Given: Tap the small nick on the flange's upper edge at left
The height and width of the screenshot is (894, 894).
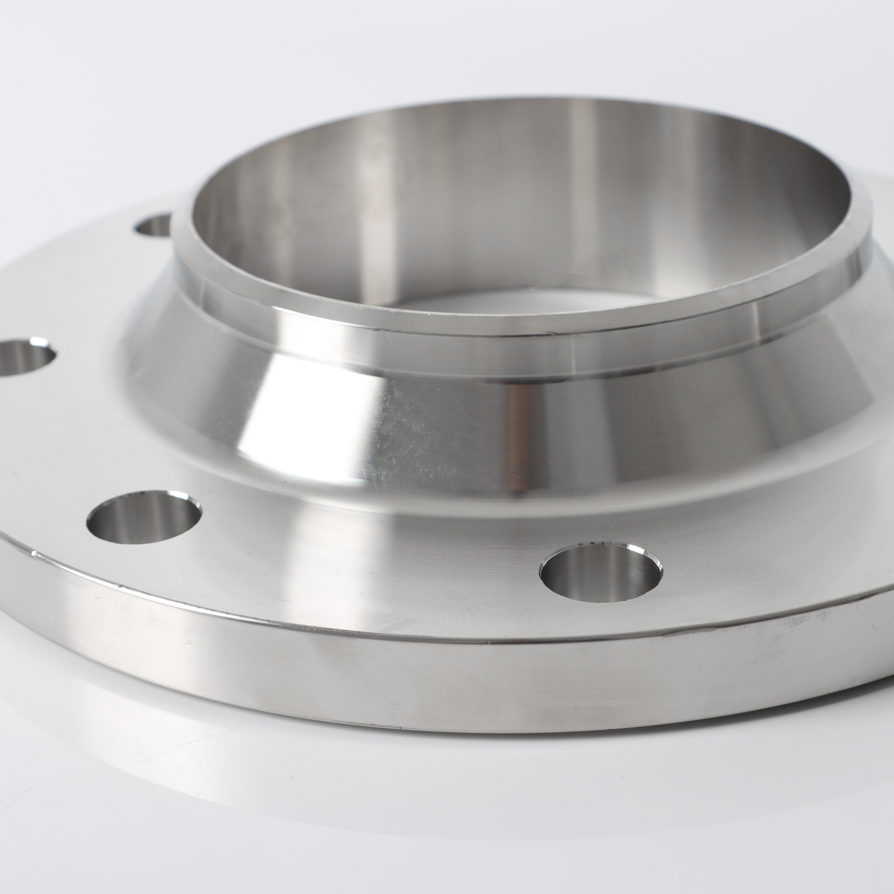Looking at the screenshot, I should click(x=35, y=553).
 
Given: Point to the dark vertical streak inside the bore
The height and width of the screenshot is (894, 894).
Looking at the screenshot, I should click(x=574, y=194).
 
